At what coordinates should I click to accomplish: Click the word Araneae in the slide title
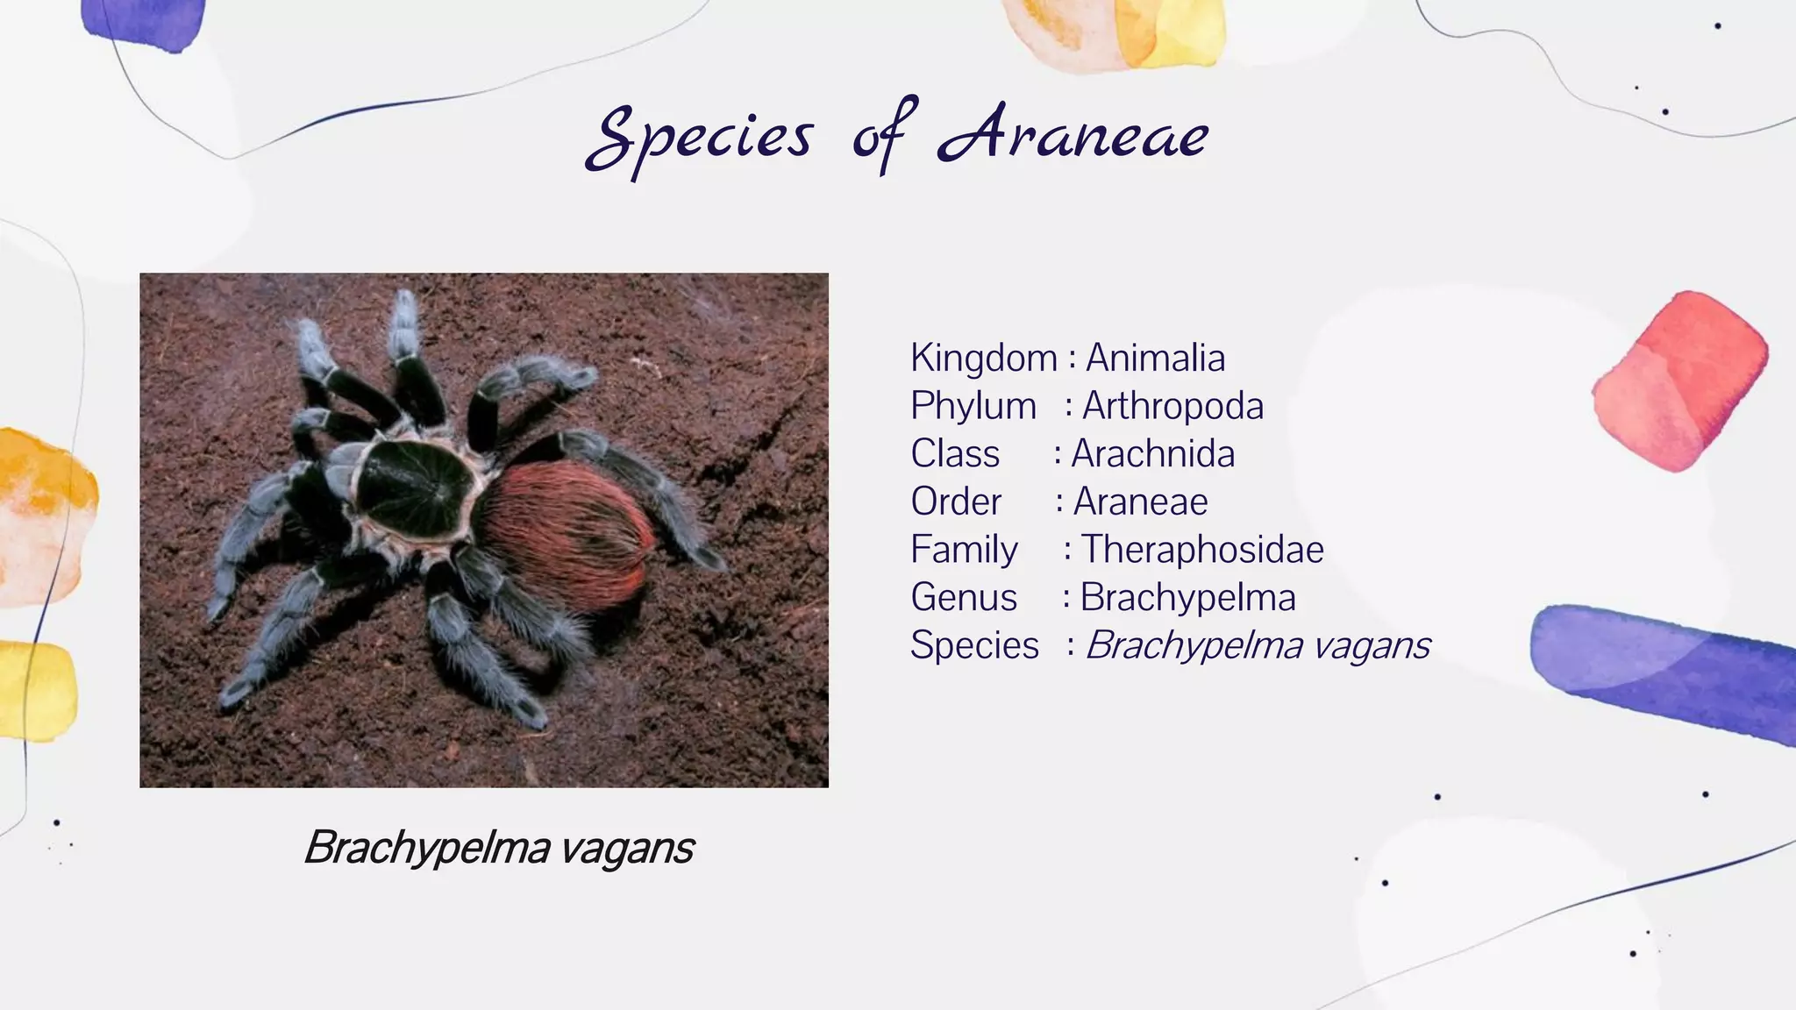(1073, 136)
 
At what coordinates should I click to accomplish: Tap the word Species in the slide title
(699, 139)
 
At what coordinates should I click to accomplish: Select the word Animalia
(1155, 358)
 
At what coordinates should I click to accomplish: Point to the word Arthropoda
(1172, 406)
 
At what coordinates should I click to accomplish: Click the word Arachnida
(1152, 454)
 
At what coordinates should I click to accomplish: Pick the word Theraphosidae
(1201, 550)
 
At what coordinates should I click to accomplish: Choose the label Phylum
(973, 406)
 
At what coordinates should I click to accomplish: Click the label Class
(955, 454)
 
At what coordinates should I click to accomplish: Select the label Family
(964, 550)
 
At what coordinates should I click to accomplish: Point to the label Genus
(964, 598)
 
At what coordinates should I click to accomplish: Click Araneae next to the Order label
(1140, 501)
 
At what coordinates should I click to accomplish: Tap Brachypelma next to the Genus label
(1187, 598)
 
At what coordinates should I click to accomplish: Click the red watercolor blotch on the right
(1679, 381)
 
